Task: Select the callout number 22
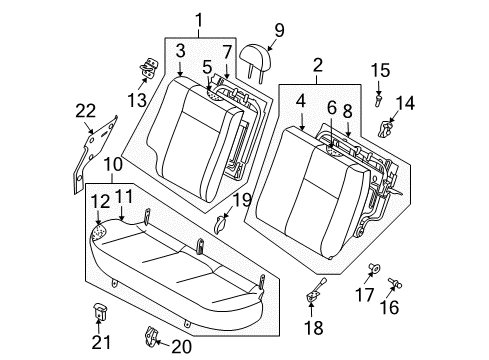(85, 110)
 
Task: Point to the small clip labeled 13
(148, 69)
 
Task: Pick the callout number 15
(379, 71)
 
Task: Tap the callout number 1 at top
(197, 18)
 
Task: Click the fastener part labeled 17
(377, 266)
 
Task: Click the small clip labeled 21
(100, 311)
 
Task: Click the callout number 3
(179, 49)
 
